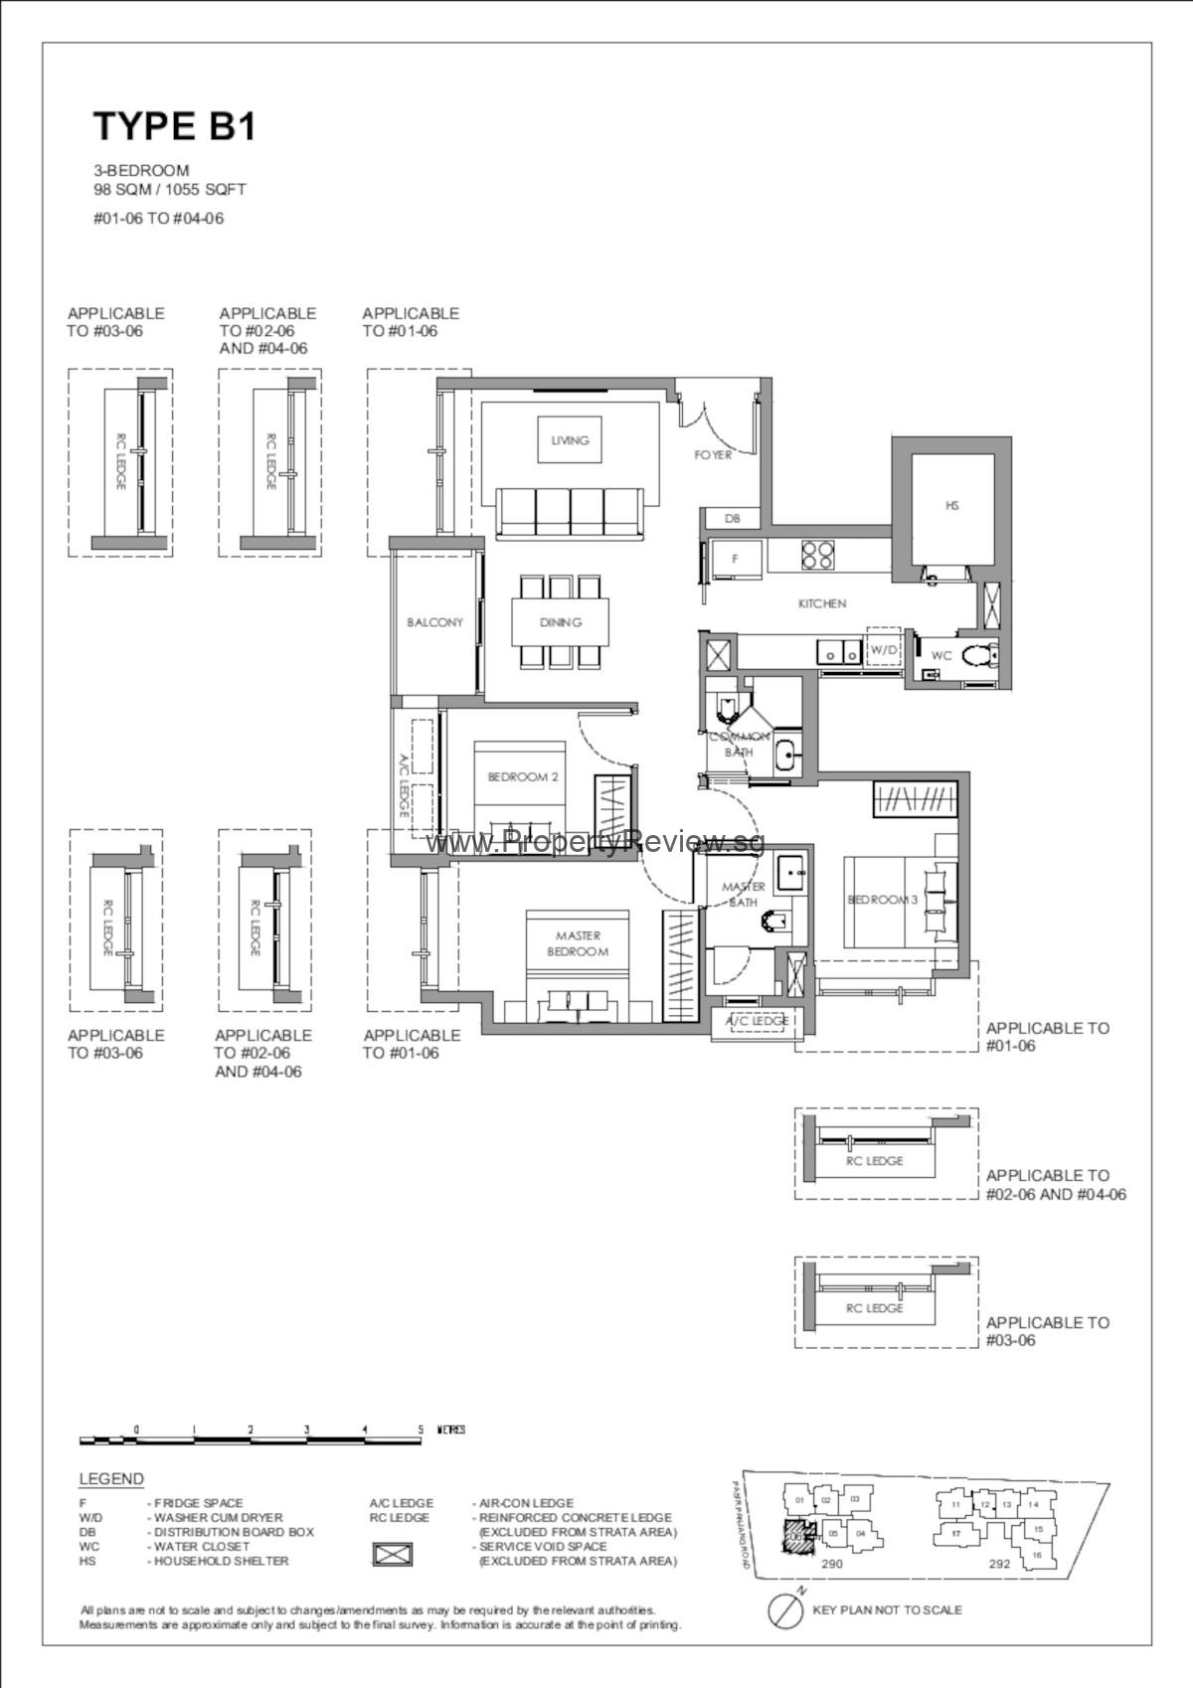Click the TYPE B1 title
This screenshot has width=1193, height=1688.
point(175,127)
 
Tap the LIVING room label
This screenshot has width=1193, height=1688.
point(570,439)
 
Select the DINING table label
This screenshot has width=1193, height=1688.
point(561,622)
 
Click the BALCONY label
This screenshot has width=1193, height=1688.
point(434,622)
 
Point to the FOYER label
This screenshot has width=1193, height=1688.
point(713,455)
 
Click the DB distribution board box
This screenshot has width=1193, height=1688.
point(732,518)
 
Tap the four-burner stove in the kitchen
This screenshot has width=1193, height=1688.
point(817,555)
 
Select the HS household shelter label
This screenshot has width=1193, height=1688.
point(951,506)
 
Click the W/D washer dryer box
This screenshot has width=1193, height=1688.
point(883,649)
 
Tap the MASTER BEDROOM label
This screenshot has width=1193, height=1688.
point(578,943)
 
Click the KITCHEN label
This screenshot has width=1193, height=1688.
point(822,603)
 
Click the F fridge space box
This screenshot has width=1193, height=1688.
point(735,559)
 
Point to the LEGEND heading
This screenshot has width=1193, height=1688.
point(111,1479)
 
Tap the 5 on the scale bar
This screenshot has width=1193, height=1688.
point(421,1430)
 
